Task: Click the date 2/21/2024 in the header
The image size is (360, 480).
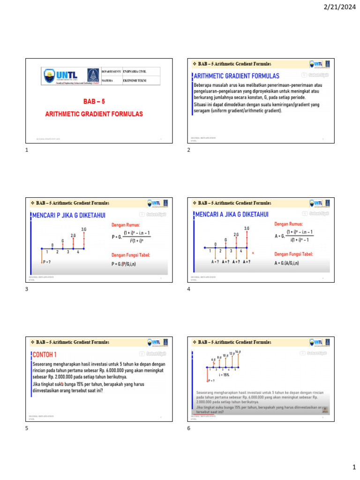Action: coord(339,7)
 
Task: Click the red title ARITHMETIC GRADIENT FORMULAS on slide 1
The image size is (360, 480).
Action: coord(94,114)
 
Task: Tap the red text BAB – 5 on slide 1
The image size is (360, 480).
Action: coord(94,102)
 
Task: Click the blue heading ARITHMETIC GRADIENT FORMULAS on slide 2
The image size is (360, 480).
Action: coord(237,76)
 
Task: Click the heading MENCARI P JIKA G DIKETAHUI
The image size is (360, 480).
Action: coord(69,215)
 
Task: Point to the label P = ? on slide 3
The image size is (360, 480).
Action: coord(47,262)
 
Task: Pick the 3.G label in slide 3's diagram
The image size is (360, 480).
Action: coord(84,229)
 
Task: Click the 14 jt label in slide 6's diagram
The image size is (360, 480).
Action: coord(238,352)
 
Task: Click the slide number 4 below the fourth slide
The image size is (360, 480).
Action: coord(188,290)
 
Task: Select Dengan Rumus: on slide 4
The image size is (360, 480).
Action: coord(288,225)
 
